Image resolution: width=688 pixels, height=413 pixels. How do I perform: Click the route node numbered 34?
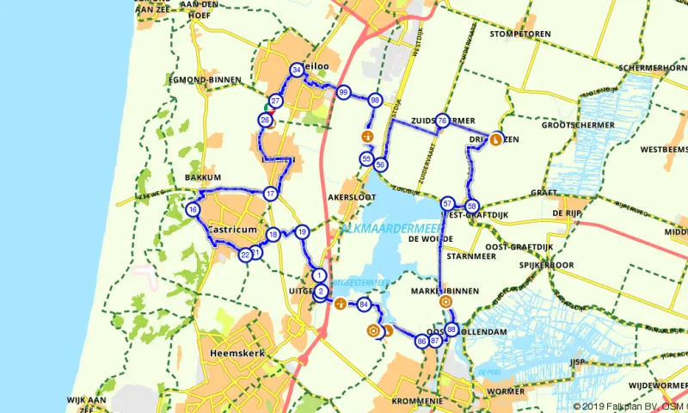tap(297, 70)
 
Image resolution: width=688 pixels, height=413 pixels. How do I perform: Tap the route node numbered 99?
tap(343, 93)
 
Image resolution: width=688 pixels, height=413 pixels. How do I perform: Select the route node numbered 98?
tap(375, 101)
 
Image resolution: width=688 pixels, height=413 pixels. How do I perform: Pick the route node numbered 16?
tap(193, 210)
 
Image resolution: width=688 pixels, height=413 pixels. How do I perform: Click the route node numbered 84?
tap(364, 305)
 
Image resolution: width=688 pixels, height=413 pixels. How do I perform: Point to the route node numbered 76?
tap(441, 121)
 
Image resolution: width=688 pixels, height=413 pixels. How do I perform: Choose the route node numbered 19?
tap(302, 232)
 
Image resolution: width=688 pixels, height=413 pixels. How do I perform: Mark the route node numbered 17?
tap(271, 194)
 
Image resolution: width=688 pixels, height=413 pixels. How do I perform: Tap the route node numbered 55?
tap(366, 159)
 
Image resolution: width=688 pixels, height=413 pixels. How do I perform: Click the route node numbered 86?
tap(421, 341)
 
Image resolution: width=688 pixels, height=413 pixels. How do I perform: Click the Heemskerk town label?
tap(236, 354)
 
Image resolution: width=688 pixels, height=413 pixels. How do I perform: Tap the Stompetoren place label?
tap(519, 34)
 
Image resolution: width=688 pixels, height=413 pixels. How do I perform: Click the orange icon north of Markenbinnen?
tap(445, 302)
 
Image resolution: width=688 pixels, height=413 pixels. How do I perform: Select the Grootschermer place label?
tap(578, 125)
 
